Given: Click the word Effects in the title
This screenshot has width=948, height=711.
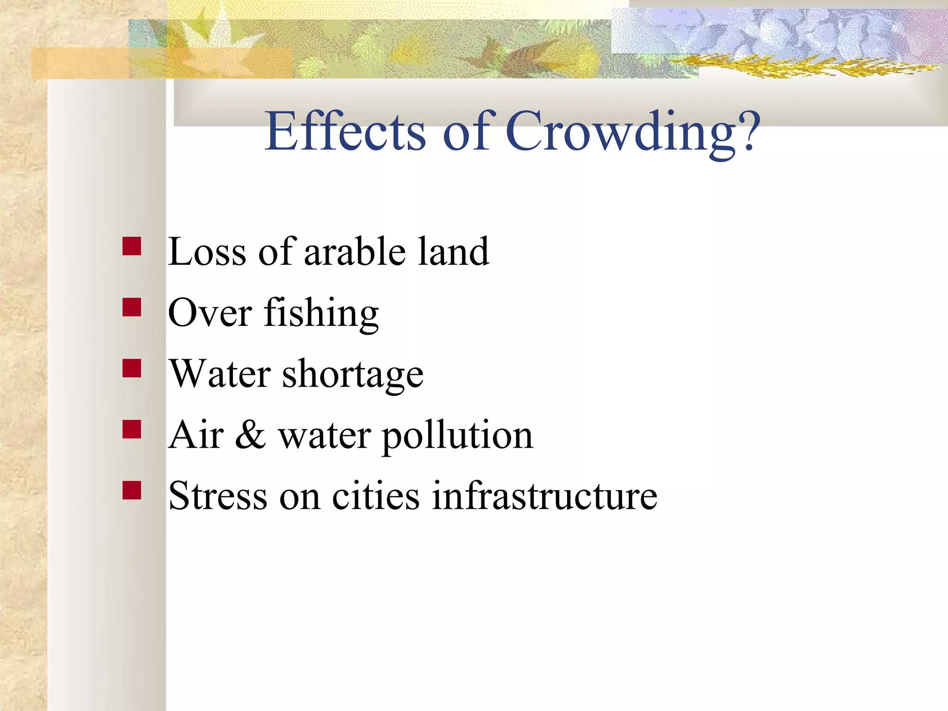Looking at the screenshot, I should [x=345, y=131].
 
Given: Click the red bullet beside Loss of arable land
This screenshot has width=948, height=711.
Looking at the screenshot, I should [x=132, y=246].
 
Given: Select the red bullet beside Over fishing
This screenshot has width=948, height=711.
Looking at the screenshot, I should [x=132, y=307].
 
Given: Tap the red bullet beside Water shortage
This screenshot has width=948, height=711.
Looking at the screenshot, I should [x=132, y=368].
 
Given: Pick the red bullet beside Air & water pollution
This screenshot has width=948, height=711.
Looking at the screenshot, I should [x=132, y=429].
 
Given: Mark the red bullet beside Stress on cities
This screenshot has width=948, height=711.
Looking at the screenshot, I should [x=132, y=490].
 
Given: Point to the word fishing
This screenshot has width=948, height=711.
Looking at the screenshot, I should [x=321, y=314].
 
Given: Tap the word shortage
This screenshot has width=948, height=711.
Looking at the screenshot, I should [x=353, y=375].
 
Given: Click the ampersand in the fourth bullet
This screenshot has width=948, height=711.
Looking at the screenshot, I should [x=250, y=435].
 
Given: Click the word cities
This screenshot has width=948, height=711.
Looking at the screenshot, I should [x=376, y=496].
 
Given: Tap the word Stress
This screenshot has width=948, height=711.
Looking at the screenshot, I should [x=218, y=496].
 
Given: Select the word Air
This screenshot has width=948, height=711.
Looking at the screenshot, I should [x=196, y=435].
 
